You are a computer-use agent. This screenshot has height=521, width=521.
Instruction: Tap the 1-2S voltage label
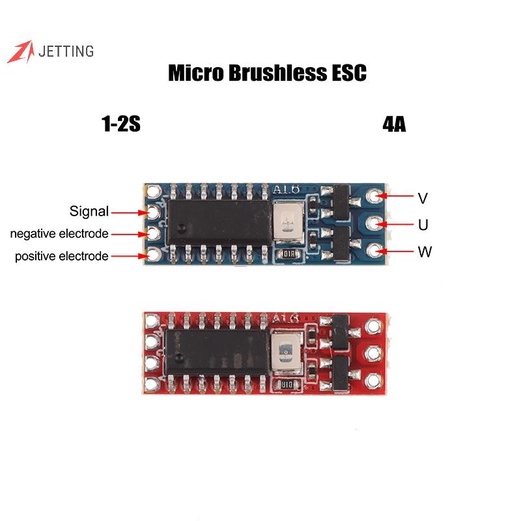click(x=121, y=124)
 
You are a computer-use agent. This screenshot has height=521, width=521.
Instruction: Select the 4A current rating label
click(x=394, y=124)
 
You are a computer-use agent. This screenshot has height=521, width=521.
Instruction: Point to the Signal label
click(x=89, y=212)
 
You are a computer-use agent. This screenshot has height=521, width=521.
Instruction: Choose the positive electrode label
click(x=61, y=256)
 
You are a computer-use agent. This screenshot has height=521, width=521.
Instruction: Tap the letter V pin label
click(x=423, y=197)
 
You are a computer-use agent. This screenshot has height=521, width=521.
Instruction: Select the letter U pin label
click(x=423, y=225)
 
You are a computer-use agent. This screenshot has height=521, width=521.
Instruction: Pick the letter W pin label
click(x=425, y=252)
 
